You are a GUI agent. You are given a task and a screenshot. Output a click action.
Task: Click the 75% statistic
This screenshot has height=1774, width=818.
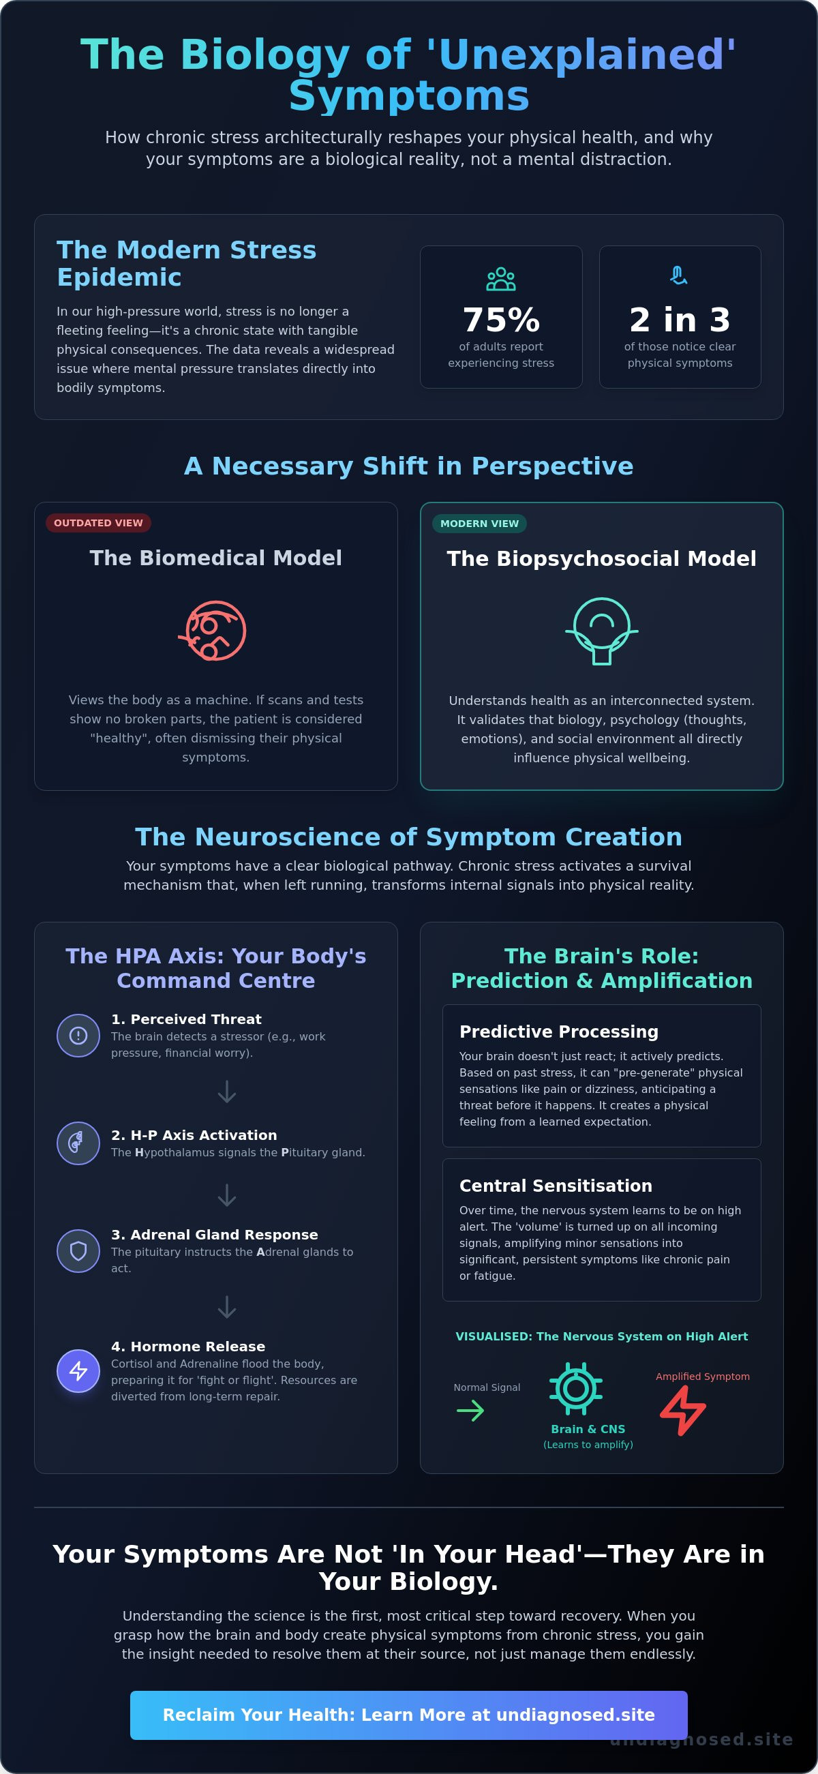tap(501, 320)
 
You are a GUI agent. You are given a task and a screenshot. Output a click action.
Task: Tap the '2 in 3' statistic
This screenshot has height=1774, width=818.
tap(680, 320)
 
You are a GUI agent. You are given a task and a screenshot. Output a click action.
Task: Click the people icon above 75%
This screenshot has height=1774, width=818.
tap(501, 279)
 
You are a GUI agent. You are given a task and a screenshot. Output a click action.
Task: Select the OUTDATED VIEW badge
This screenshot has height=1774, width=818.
tap(98, 523)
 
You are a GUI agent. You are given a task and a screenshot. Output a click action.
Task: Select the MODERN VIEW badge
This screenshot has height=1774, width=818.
tap(480, 524)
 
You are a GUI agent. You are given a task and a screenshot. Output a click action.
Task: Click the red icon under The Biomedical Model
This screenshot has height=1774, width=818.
tap(213, 631)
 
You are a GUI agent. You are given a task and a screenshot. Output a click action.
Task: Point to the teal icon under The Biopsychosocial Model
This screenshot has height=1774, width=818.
tap(602, 631)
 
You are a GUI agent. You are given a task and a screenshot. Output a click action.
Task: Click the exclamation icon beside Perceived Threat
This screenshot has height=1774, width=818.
tap(78, 1035)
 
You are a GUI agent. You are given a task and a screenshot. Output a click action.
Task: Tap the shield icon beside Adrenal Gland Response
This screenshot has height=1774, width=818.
tap(78, 1250)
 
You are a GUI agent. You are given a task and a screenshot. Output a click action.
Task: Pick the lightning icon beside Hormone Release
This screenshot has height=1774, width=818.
tap(78, 1370)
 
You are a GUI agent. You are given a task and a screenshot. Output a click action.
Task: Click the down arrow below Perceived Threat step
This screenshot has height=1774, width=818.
tap(226, 1092)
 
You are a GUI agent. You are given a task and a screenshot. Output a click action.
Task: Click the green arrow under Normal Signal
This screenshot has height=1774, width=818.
tap(470, 1411)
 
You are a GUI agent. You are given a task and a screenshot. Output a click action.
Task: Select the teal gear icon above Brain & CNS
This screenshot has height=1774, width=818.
tap(575, 1388)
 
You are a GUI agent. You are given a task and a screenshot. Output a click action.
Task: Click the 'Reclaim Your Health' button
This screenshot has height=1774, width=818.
tap(409, 1715)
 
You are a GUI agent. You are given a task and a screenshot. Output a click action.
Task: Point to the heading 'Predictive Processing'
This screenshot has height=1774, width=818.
tap(559, 1032)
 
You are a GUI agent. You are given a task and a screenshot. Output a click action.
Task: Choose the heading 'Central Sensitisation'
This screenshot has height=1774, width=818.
tap(556, 1186)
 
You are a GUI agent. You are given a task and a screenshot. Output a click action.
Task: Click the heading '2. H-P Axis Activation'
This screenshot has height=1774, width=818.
tap(194, 1135)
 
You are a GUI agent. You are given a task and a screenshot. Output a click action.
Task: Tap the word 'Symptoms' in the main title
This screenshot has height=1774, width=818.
tap(409, 95)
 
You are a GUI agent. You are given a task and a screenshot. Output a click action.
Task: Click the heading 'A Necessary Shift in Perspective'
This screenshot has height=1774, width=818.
tap(409, 466)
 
